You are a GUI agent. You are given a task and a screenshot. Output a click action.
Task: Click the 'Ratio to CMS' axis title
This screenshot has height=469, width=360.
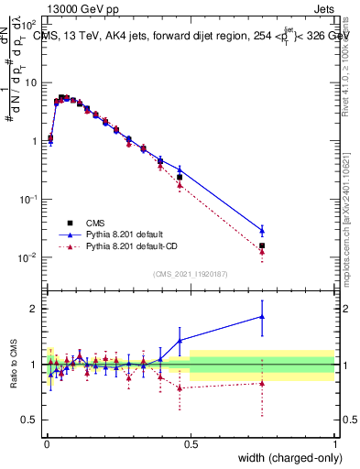click(x=13, y=364)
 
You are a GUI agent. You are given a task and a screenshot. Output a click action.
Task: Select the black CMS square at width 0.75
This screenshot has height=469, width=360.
click(x=262, y=245)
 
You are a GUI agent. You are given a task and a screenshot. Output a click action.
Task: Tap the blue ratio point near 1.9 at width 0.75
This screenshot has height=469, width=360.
click(x=262, y=316)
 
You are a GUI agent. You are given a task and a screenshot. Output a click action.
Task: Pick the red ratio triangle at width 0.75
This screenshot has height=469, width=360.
click(x=262, y=383)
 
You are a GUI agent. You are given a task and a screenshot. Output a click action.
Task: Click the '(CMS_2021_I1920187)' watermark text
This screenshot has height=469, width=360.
click(x=190, y=274)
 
